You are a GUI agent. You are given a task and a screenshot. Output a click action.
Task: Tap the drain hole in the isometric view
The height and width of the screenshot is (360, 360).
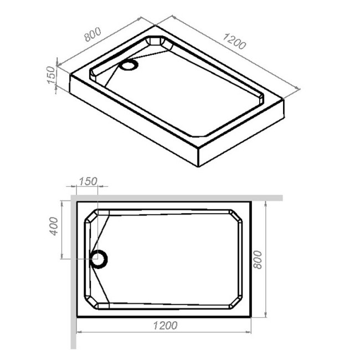tap(130, 65)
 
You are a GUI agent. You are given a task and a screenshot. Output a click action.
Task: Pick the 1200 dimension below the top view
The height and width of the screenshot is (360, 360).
tap(164, 325)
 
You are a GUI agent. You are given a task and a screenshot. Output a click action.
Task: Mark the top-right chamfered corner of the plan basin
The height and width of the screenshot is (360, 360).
tap(236, 217)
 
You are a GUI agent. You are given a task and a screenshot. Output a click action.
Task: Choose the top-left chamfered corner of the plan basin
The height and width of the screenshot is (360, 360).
tap(91, 217)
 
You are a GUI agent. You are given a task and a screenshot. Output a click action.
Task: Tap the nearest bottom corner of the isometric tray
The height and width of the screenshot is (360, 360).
tap(198, 166)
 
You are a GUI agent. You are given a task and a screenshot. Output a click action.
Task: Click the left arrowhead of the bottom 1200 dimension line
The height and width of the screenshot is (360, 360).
tap(78, 332)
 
